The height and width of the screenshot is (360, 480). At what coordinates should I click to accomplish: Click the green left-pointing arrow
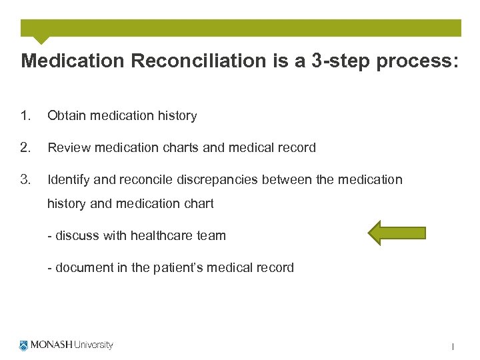[397, 233]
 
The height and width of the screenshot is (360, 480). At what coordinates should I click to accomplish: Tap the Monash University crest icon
[24, 345]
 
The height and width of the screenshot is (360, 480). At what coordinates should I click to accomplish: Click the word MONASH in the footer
[51, 345]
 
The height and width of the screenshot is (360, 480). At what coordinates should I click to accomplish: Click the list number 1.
[25, 116]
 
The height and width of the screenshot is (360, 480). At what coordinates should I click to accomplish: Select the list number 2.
[25, 148]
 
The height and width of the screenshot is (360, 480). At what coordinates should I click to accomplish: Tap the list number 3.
[25, 179]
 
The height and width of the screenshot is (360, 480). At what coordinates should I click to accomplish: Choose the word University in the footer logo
[93, 345]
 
